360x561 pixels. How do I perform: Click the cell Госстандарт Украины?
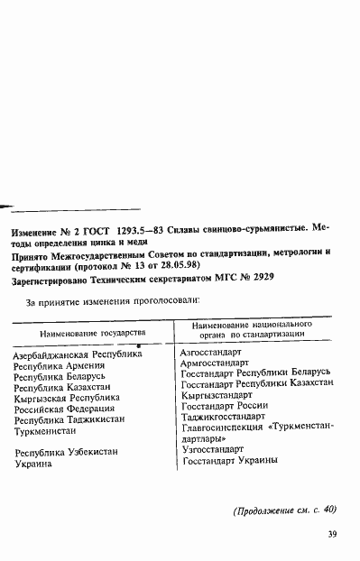click(x=229, y=460)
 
